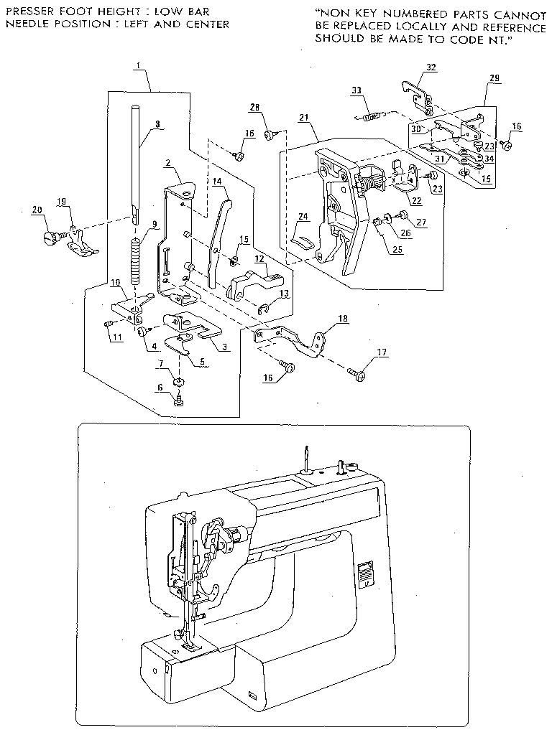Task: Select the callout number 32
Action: pyautogui.click(x=431, y=67)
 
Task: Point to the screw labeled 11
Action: pyautogui.click(x=109, y=324)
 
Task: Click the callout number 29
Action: pyautogui.click(x=494, y=76)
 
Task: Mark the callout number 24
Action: pyautogui.click(x=303, y=215)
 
